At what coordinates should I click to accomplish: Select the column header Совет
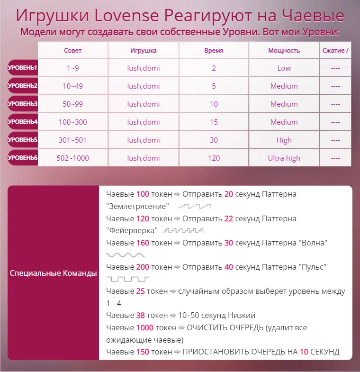(72, 51)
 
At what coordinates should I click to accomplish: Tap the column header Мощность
(284, 51)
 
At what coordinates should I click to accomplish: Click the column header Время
(214, 51)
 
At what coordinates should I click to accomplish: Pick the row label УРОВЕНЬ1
(22, 68)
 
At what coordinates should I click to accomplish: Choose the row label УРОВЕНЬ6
(22, 158)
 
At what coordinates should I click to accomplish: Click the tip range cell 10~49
(72, 86)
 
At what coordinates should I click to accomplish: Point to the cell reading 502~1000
(72, 158)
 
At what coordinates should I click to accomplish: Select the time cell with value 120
(214, 158)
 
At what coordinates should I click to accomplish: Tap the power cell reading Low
(284, 68)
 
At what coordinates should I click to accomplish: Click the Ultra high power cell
(284, 158)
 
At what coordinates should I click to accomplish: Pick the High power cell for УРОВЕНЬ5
(284, 140)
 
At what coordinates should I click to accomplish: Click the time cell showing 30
(214, 140)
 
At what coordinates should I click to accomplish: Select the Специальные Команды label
(53, 273)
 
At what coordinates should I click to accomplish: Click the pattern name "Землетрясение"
(138, 207)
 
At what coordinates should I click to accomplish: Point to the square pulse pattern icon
(128, 279)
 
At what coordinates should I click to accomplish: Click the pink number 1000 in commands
(144, 327)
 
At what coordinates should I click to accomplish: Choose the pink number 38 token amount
(140, 315)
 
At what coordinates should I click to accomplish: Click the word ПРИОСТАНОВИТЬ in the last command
(216, 352)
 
